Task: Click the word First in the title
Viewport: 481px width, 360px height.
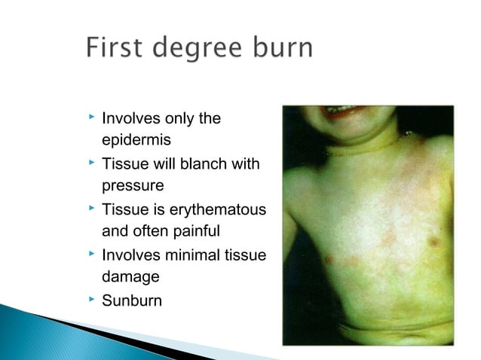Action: [114, 49]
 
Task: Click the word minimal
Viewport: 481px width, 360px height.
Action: [188, 254]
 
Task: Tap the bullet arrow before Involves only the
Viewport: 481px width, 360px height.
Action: [90, 117]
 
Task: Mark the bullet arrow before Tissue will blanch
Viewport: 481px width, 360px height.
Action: [90, 163]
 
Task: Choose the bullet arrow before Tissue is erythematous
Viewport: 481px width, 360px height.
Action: [90, 208]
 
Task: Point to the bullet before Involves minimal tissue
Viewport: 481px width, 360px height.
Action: [90, 253]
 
